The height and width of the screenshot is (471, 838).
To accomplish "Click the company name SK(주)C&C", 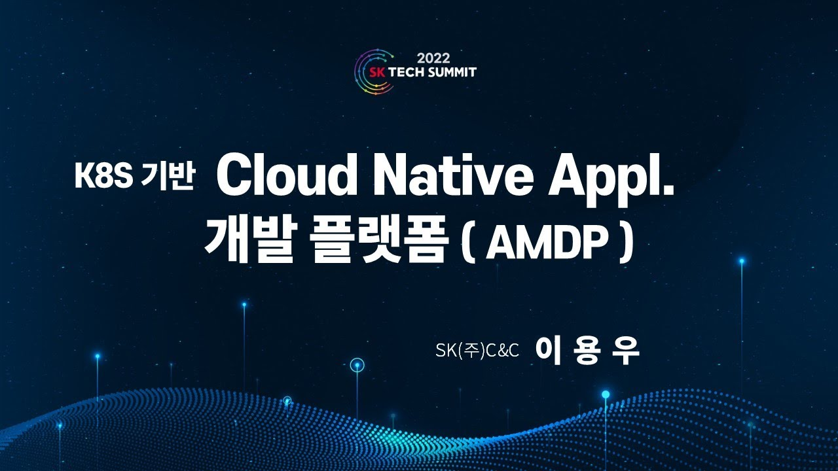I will (x=477, y=351).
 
